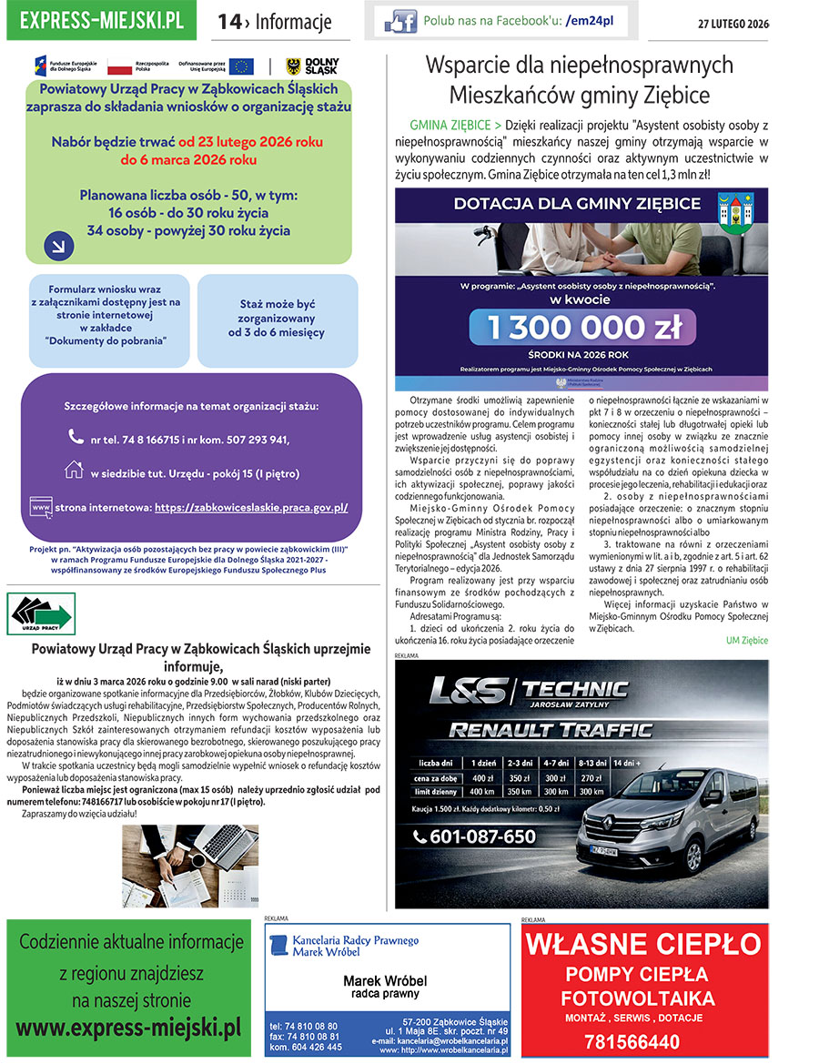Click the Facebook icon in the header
point(400,21)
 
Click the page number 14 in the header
point(228,22)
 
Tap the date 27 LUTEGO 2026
point(733,24)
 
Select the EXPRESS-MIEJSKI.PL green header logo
point(101,21)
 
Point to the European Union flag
point(241,66)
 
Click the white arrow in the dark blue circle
point(57,244)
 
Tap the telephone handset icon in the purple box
point(76,437)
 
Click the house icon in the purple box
point(75,470)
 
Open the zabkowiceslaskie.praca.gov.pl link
point(251,508)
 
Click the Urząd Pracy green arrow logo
point(41,614)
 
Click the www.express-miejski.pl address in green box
point(128,1028)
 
